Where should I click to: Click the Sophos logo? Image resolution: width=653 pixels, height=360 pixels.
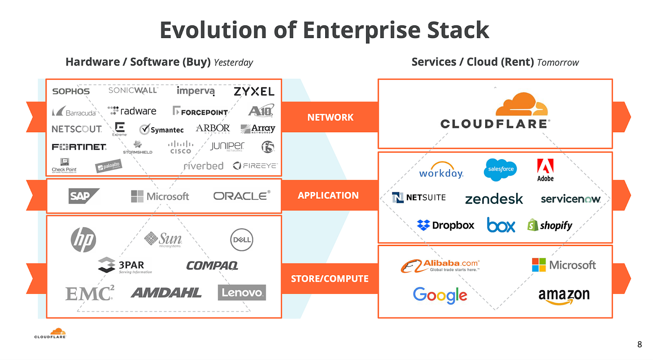pyautogui.click(x=71, y=91)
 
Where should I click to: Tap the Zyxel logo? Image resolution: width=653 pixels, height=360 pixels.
pyautogui.click(x=254, y=91)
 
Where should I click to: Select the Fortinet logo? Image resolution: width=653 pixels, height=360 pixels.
pyautogui.click(x=78, y=147)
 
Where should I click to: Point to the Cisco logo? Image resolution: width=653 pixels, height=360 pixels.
pyautogui.click(x=180, y=147)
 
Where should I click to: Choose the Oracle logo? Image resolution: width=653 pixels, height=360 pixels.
pyautogui.click(x=242, y=196)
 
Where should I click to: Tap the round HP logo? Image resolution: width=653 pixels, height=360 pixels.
pyautogui.click(x=83, y=239)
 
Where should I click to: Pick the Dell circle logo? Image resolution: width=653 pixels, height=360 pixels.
pyautogui.click(x=241, y=239)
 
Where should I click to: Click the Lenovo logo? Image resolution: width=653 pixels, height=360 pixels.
pyautogui.click(x=242, y=293)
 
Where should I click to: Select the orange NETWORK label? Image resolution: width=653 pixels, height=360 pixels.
pyautogui.click(x=330, y=117)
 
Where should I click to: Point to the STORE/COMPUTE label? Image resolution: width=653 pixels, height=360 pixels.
pyautogui.click(x=330, y=278)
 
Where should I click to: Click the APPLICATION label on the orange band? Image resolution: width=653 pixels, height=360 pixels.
pyautogui.click(x=328, y=195)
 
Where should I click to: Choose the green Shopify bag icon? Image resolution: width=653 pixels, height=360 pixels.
pyautogui.click(x=532, y=225)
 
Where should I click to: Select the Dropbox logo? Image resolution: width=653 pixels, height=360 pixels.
pyautogui.click(x=445, y=225)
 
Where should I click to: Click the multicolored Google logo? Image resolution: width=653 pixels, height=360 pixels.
pyautogui.click(x=440, y=295)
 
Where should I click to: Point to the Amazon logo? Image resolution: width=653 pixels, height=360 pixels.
pyautogui.click(x=564, y=296)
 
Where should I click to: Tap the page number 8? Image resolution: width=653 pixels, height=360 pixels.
pyautogui.click(x=639, y=344)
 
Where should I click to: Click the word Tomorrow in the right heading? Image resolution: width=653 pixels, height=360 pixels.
pyautogui.click(x=557, y=62)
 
